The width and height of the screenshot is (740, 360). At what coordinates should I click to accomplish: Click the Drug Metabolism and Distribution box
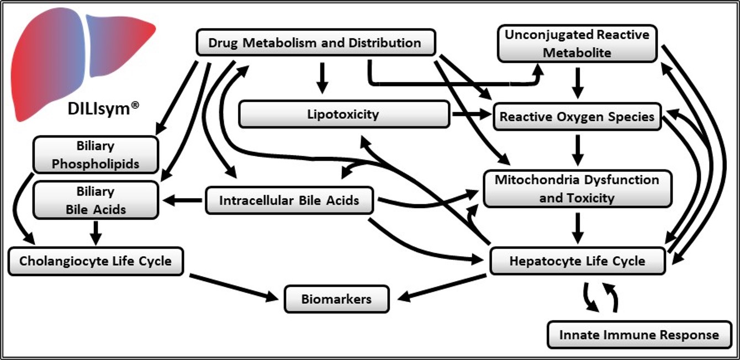316,43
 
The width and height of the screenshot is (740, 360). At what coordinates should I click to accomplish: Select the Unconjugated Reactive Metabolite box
577,44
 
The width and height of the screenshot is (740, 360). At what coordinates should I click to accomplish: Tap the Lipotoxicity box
343,114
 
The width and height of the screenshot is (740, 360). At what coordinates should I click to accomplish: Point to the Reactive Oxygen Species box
577,117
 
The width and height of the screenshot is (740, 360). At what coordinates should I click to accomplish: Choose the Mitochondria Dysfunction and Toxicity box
577,189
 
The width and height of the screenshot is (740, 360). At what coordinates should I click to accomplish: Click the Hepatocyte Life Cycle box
577,261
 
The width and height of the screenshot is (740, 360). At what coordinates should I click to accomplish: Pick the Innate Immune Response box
639,335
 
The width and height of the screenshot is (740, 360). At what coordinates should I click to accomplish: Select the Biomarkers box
336,300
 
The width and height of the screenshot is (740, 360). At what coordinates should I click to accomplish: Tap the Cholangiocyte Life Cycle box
96,261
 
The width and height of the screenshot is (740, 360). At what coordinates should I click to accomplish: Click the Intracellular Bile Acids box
289,200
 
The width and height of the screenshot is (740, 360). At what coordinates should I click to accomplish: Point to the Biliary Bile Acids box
96,200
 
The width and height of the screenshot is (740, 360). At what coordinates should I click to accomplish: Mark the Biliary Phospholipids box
96,155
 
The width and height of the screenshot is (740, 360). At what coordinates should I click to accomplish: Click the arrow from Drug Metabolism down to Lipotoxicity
323,78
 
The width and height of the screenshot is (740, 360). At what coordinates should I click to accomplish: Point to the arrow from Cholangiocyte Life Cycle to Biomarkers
232,286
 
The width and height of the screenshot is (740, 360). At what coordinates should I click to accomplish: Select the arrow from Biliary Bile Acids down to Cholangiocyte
96,232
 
